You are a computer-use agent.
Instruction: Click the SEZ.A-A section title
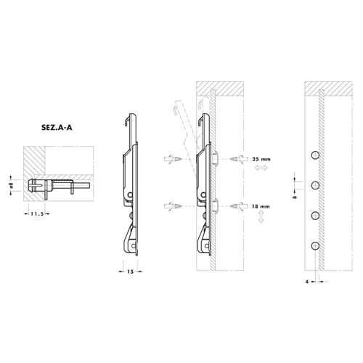57,128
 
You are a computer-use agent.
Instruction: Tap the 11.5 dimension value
37,213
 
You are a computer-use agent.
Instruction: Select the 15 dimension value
130,272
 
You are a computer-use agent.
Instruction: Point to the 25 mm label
261,159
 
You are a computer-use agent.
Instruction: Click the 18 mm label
261,206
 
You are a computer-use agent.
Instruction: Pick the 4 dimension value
307,282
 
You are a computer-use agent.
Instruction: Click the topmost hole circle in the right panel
315,155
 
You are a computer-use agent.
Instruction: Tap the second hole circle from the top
315,186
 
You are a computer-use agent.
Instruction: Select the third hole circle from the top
315,216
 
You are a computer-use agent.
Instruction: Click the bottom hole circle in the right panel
315,246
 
